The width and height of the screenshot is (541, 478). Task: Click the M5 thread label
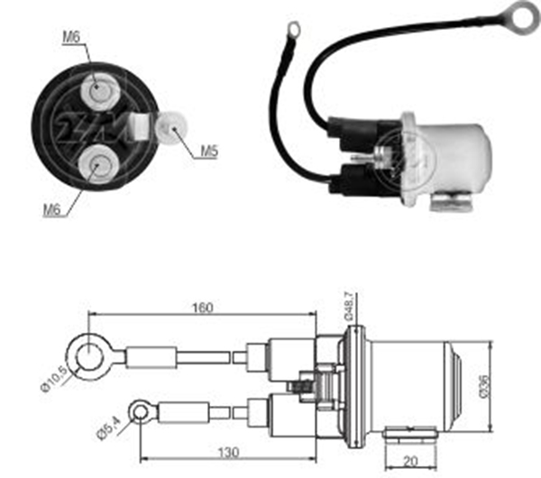click(x=208, y=152)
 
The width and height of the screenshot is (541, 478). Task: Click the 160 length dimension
click(x=201, y=308)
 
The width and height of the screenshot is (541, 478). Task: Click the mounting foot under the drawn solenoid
click(x=410, y=436)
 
